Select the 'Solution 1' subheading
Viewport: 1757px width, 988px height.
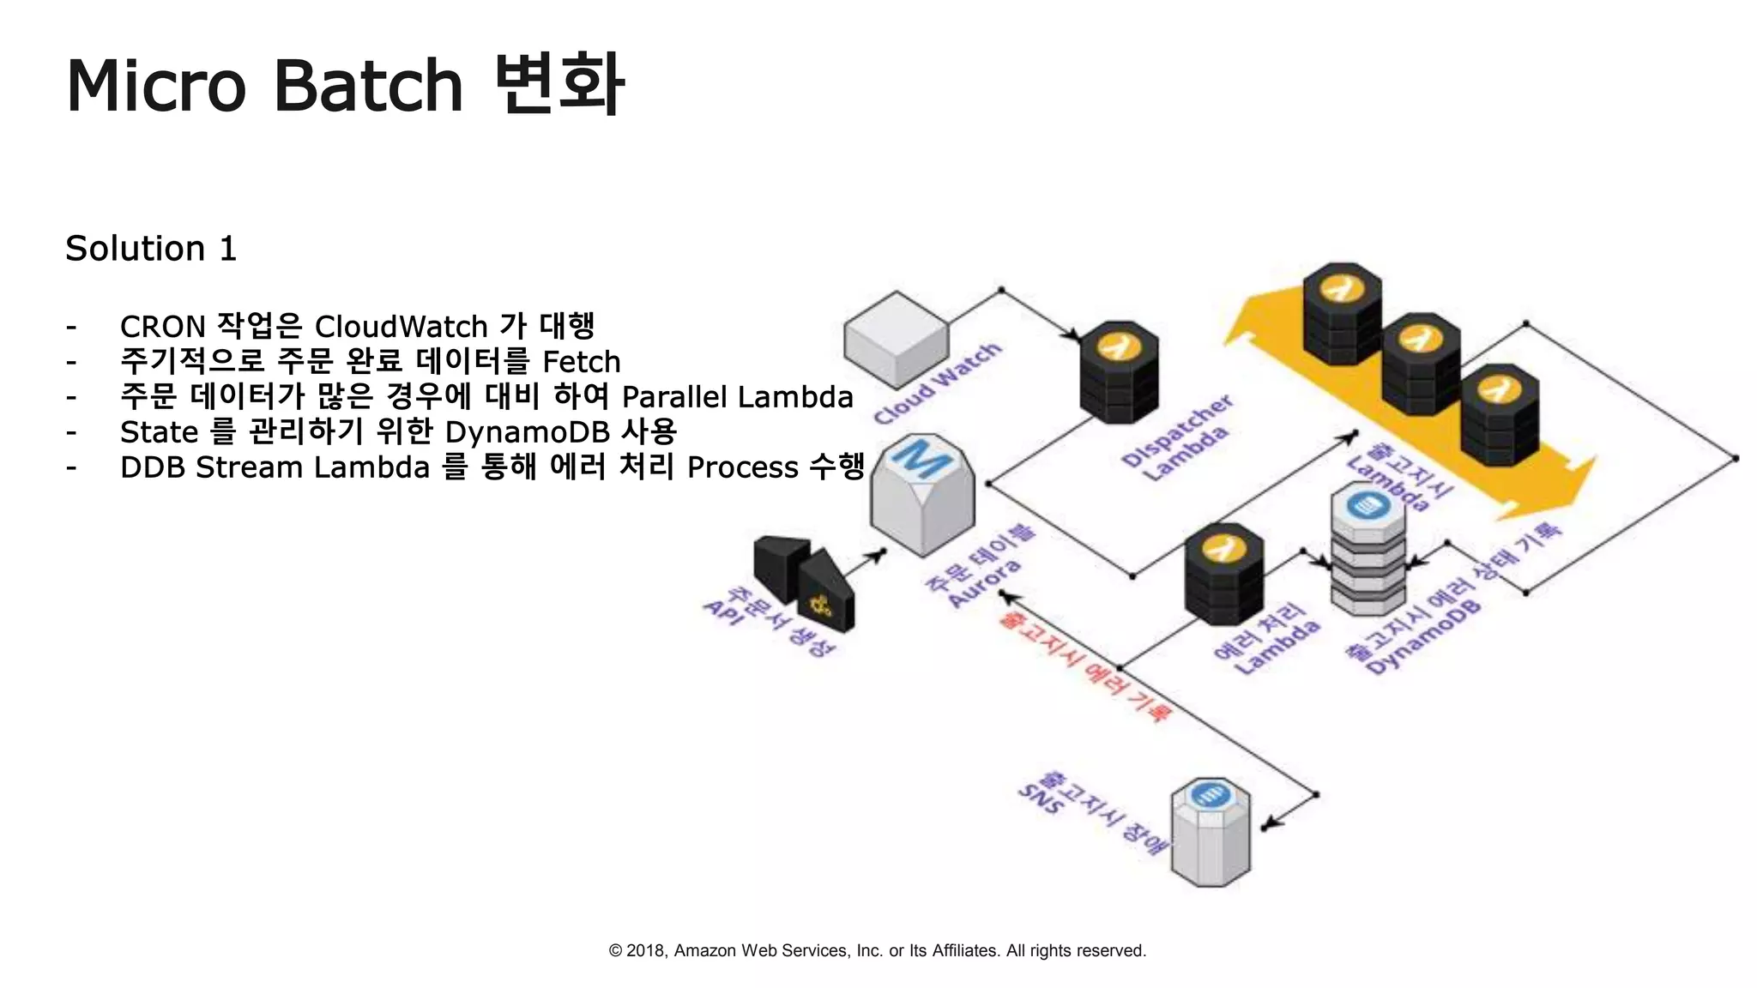pyautogui.click(x=151, y=249)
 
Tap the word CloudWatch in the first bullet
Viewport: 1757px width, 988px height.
pyautogui.click(x=401, y=327)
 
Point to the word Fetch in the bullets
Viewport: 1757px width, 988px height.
pyautogui.click(x=581, y=362)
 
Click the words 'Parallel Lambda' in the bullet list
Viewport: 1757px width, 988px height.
pyautogui.click(x=737, y=397)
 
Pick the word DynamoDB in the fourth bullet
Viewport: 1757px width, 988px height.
pyautogui.click(x=527, y=432)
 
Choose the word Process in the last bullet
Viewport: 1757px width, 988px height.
pyautogui.click(x=742, y=467)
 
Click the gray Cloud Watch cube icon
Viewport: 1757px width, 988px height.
pyautogui.click(x=896, y=340)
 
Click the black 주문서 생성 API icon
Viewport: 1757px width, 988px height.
pyautogui.click(x=804, y=582)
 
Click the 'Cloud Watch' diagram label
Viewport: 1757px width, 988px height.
pyautogui.click(x=937, y=383)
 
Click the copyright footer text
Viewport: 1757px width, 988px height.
pyautogui.click(x=877, y=950)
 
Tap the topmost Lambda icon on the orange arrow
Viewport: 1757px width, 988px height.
pyautogui.click(x=1342, y=313)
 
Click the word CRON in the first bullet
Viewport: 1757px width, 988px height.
pyautogui.click(x=162, y=327)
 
